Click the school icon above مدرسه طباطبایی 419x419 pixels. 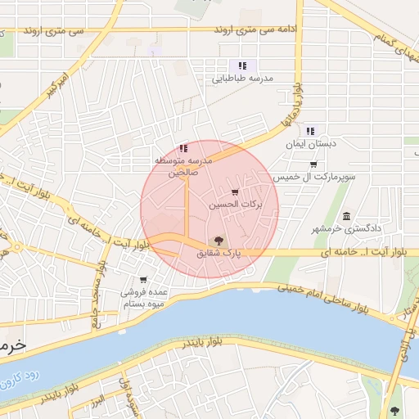point(241,65)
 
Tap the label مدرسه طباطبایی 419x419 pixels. point(242,79)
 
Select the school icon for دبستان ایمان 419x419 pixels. point(310,130)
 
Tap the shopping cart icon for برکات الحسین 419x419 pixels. point(236,192)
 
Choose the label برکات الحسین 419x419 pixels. point(237,205)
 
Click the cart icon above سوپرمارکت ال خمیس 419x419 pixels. point(313,164)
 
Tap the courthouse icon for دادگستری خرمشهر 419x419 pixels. point(347,216)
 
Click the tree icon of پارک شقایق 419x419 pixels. point(218,241)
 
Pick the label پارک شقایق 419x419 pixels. point(219,255)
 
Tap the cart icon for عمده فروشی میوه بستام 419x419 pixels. point(143,279)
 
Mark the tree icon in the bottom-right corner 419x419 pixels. point(397,411)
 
